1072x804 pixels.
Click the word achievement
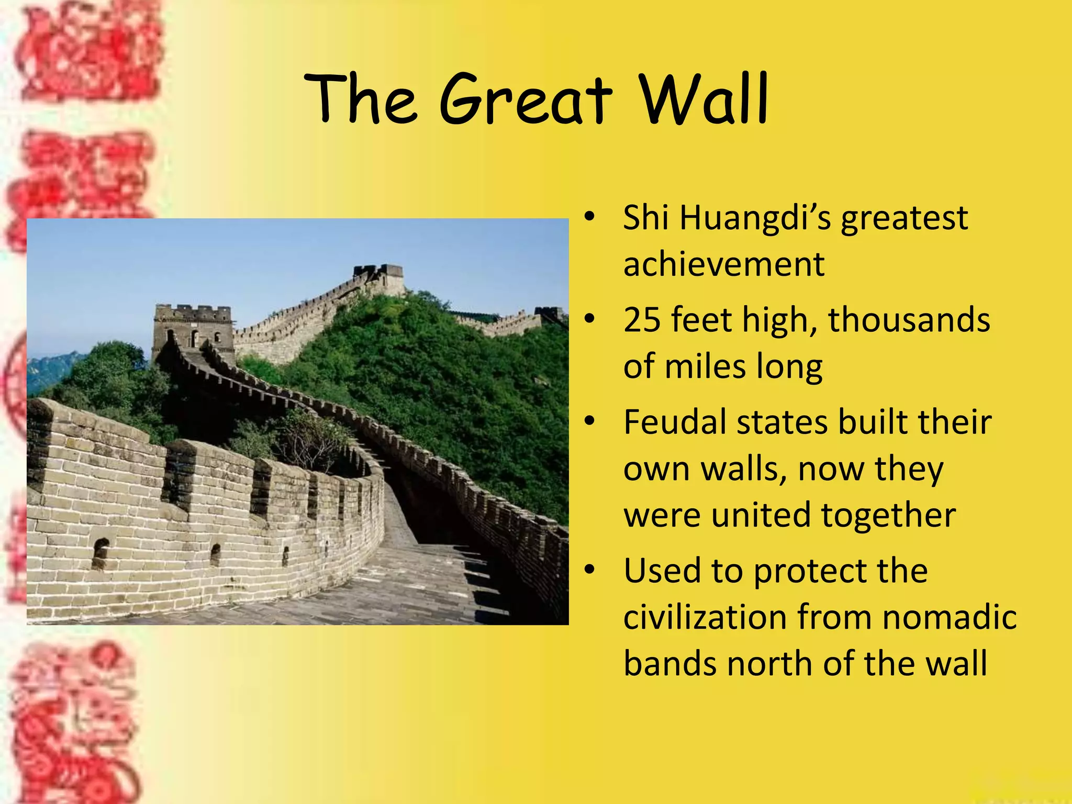(x=724, y=264)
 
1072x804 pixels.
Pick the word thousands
(x=909, y=320)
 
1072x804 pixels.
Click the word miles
(x=705, y=366)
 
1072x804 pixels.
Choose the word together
(x=888, y=515)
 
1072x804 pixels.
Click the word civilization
(x=706, y=617)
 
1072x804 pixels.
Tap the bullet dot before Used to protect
(x=590, y=570)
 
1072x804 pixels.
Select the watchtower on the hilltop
(x=378, y=277)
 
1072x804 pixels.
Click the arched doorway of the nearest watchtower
(x=194, y=339)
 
